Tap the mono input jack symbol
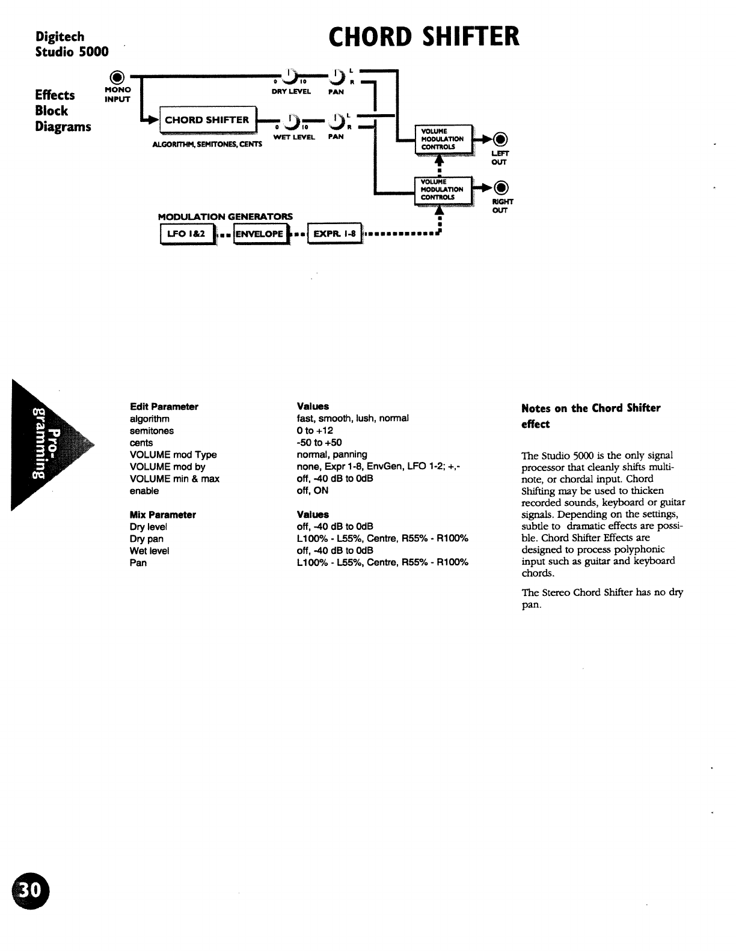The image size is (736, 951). [118, 77]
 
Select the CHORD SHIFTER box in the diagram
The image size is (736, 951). [207, 120]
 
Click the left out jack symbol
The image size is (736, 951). [500, 139]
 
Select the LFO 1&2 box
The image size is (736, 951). [186, 234]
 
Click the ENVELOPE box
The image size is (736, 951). [259, 234]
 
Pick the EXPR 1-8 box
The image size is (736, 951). [333, 234]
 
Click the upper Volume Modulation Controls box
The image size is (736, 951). [443, 139]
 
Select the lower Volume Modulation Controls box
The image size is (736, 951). [443, 189]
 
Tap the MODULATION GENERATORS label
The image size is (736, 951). [225, 216]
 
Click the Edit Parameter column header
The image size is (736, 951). [164, 407]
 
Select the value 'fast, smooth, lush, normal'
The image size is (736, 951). [352, 418]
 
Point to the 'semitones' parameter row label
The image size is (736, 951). [152, 431]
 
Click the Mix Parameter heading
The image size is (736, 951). [162, 515]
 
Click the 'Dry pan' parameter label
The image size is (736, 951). [146, 539]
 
